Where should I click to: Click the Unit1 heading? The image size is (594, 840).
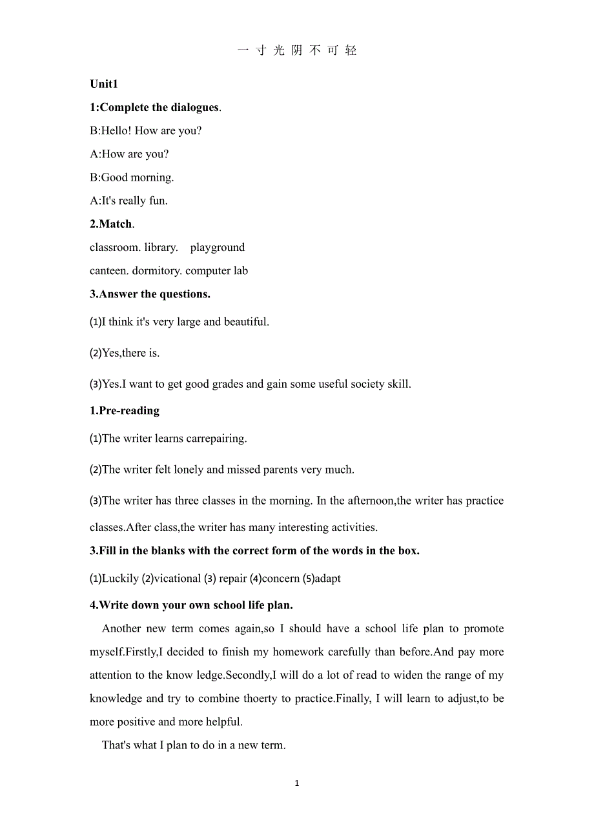pos(104,84)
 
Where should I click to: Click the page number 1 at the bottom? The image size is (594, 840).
pos(297,783)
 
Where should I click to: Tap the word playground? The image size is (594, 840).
pos(218,248)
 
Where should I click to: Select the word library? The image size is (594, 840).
pos(160,248)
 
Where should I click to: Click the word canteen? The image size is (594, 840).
pos(109,271)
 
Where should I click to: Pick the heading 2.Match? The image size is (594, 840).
pos(111,224)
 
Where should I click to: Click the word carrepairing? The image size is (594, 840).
pos(216,439)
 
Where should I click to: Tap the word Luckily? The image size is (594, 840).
pos(120,579)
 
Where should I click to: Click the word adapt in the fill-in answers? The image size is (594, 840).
pos(327,579)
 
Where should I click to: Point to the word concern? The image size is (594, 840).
pos(281,579)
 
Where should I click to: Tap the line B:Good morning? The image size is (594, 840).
pos(132,177)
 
